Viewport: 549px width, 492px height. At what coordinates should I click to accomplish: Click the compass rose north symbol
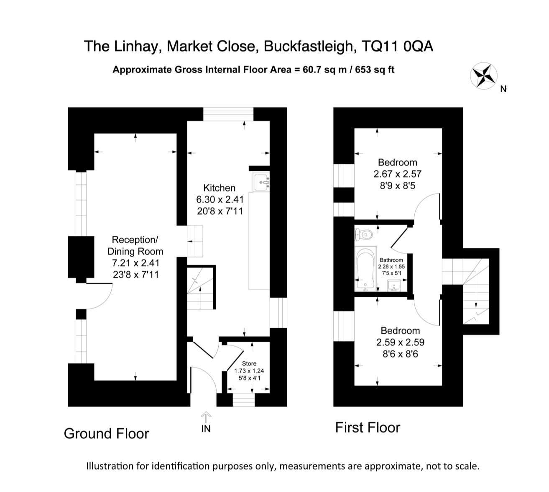click(x=483, y=76)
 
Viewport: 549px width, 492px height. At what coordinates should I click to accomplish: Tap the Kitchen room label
click(x=219, y=188)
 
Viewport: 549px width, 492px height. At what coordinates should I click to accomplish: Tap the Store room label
click(x=249, y=363)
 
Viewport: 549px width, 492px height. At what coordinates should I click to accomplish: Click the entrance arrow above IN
click(x=206, y=416)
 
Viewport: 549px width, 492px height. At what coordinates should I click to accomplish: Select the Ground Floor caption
click(x=106, y=433)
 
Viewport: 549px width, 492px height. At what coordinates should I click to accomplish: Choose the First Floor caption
click(x=368, y=428)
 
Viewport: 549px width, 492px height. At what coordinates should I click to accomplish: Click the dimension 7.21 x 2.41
click(x=135, y=263)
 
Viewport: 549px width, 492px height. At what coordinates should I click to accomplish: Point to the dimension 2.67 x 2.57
click(x=397, y=174)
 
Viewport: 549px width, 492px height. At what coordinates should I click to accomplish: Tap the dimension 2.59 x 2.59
click(x=400, y=342)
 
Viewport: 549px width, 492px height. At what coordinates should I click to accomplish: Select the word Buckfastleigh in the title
click(x=309, y=46)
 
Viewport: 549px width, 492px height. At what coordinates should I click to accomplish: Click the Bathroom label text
click(x=391, y=260)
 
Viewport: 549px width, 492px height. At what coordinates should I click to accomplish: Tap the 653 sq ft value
click(x=375, y=70)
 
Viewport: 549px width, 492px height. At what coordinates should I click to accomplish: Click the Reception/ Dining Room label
click(x=135, y=245)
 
